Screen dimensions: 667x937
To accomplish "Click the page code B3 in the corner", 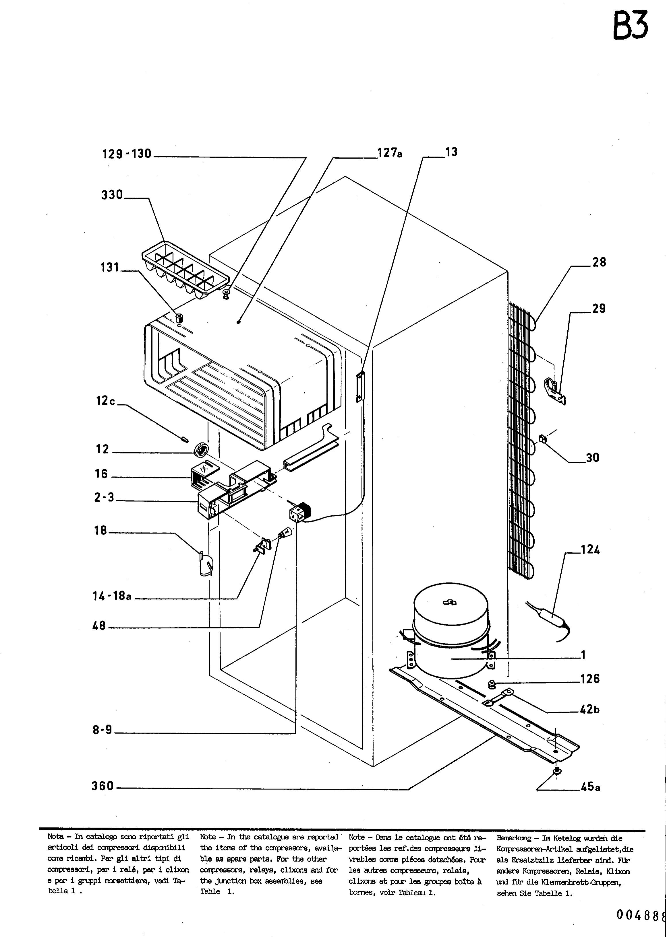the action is pyautogui.click(x=631, y=26).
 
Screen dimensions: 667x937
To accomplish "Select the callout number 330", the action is pyautogui.click(x=112, y=194).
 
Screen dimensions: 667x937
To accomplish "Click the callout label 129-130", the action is pyautogui.click(x=127, y=154).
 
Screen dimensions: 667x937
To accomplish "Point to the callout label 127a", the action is pyautogui.click(x=390, y=153).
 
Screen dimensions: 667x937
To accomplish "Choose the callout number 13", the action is pyautogui.click(x=451, y=152).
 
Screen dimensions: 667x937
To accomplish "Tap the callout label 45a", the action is pyautogui.click(x=591, y=786).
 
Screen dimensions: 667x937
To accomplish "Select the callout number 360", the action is pyautogui.click(x=102, y=786).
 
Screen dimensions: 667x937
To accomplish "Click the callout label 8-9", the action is pyautogui.click(x=102, y=730).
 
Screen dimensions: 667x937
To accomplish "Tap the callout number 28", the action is pyautogui.click(x=599, y=262).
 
